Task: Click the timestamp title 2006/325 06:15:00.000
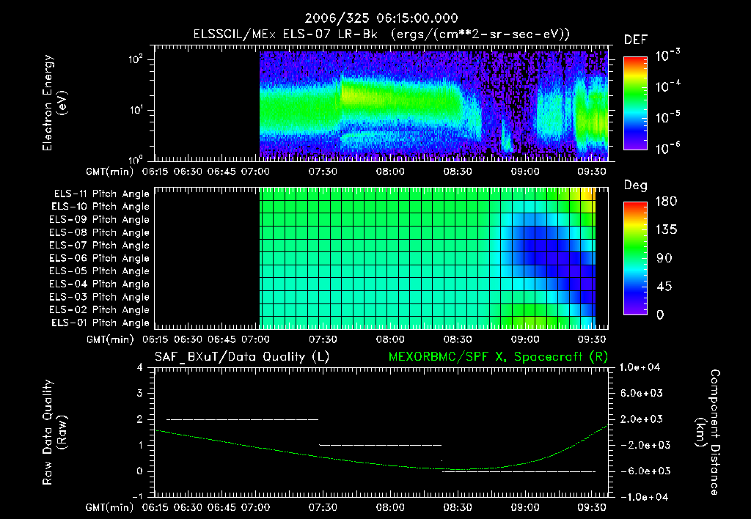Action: (x=375, y=18)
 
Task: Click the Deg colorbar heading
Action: (x=635, y=185)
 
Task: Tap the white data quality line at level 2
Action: (x=242, y=419)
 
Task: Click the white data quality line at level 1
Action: (x=380, y=445)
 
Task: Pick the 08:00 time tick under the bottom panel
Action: (x=389, y=507)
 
